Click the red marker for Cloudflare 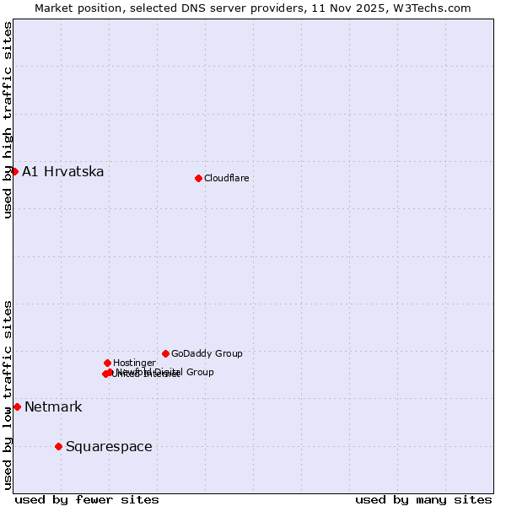point(198,178)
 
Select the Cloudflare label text point(226,178)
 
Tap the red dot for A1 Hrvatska point(14,171)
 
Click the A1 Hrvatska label point(63,172)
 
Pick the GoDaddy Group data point point(165,353)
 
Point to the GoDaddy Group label point(207,354)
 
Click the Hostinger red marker point(107,363)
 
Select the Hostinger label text point(134,363)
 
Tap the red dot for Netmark point(17,406)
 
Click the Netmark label point(53,407)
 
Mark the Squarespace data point point(58,446)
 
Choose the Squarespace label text point(109,447)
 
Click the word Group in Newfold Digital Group point(199,372)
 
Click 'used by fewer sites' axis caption point(87,500)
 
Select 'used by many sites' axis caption point(423,500)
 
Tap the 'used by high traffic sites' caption point(8,120)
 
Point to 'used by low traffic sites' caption point(8,395)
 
